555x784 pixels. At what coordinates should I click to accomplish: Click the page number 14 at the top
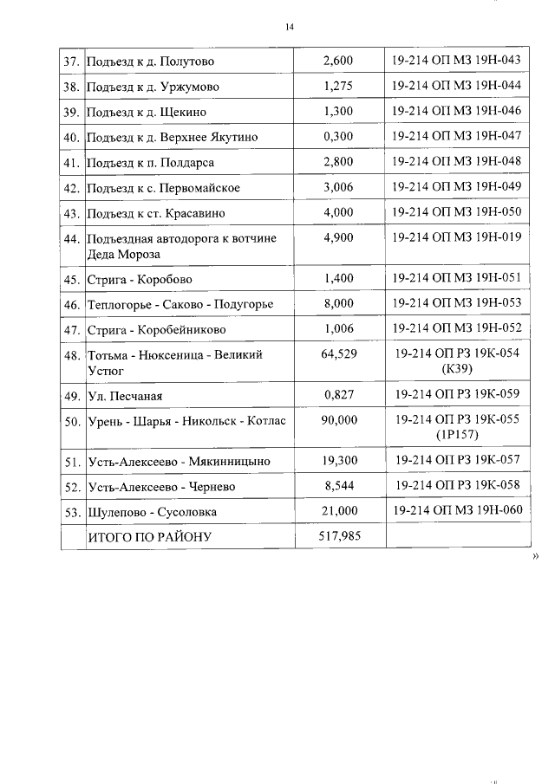290,29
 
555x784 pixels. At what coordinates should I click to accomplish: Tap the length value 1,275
337,87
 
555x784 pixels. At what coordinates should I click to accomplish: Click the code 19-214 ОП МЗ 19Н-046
455,111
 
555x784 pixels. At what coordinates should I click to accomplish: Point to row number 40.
72,138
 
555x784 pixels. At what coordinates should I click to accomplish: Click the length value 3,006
337,188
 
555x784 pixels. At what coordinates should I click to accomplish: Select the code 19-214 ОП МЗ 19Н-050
455,212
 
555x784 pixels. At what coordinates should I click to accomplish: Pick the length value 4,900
337,238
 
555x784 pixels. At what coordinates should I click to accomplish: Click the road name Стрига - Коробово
140,280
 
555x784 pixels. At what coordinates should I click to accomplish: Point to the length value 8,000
337,303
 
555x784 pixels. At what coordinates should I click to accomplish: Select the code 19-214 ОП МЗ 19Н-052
455,328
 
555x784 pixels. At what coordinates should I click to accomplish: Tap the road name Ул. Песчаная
125,397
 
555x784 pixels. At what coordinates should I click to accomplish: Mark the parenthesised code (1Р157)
455,436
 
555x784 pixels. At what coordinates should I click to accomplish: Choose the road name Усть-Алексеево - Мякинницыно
179,462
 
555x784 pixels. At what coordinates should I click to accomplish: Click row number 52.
72,487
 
